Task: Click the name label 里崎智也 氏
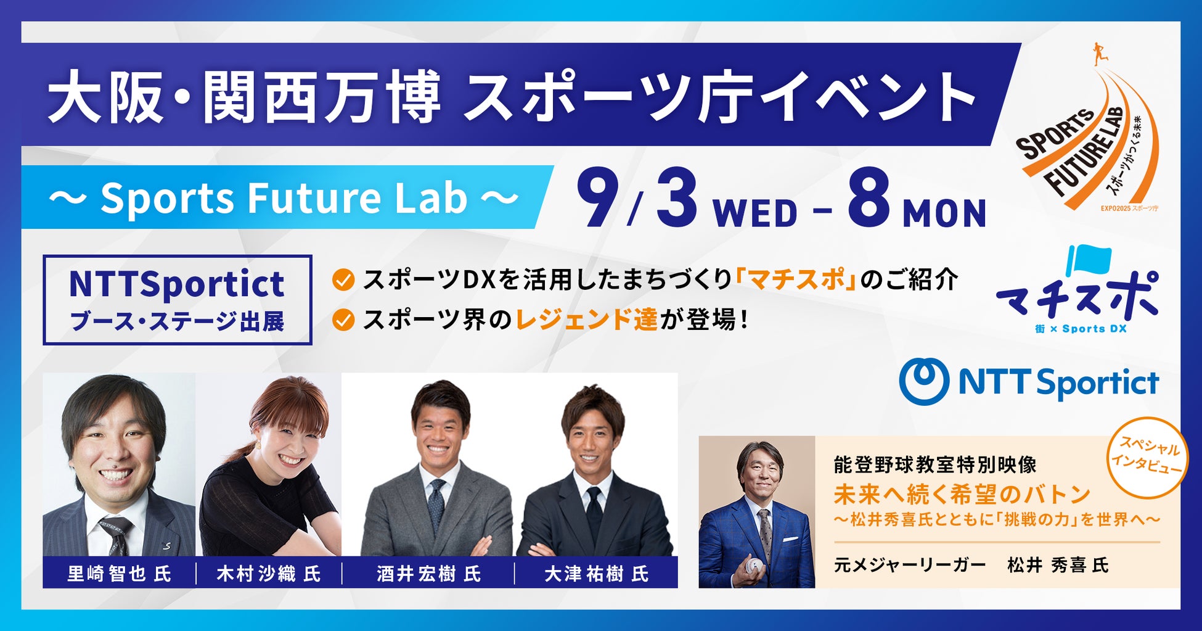click(119, 574)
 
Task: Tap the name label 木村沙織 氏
click(269, 574)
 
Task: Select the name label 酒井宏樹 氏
click(429, 574)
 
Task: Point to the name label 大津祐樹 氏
click(597, 574)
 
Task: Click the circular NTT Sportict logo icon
click(924, 382)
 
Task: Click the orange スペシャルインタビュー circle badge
click(1147, 458)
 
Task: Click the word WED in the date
click(755, 213)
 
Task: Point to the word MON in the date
click(944, 213)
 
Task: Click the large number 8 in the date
click(869, 199)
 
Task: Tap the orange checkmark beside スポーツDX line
click(343, 281)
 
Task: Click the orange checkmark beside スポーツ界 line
click(343, 320)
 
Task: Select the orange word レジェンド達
click(586, 320)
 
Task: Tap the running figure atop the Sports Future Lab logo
click(1097, 54)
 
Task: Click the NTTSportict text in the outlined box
click(177, 284)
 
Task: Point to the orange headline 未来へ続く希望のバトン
click(962, 494)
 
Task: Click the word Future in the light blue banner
click(316, 198)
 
